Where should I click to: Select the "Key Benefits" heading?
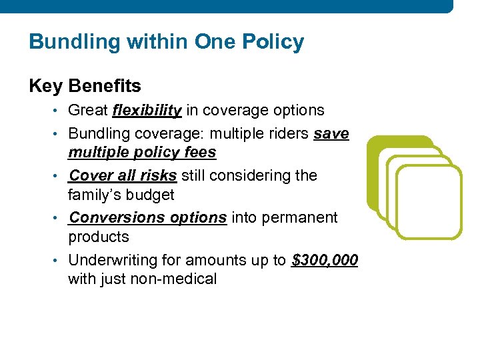point(85,86)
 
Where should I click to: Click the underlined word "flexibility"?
point(147,110)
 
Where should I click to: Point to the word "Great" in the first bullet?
point(89,110)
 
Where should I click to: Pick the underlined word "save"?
point(331,133)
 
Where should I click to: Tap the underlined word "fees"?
point(200,153)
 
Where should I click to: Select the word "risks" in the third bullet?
point(157,175)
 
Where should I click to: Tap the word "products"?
point(98,237)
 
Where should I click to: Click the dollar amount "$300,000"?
point(325,260)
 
